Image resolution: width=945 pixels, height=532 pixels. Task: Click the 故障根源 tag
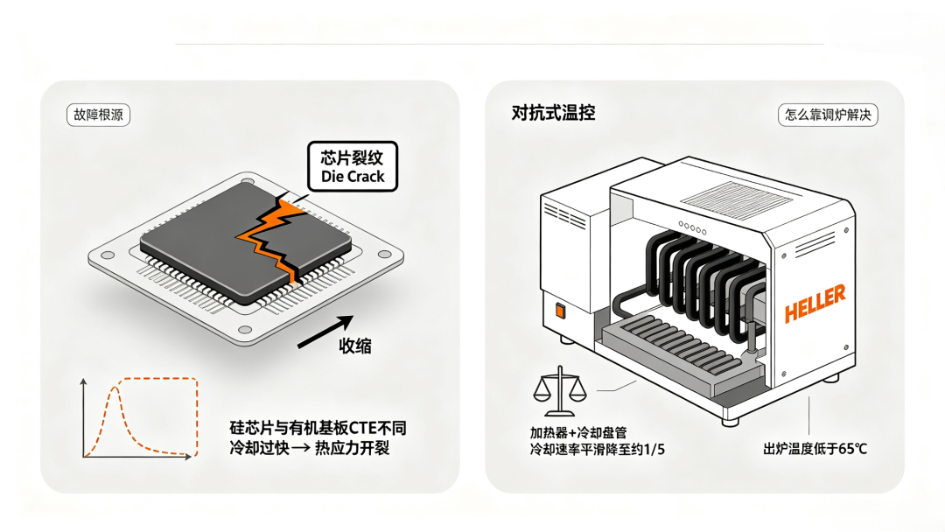pos(98,115)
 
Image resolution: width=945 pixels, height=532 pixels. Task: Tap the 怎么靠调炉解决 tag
pos(828,115)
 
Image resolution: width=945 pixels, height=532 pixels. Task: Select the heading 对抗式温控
pos(553,113)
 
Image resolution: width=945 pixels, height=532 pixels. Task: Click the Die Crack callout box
pos(353,167)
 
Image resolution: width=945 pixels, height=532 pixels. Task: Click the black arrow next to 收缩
pos(325,332)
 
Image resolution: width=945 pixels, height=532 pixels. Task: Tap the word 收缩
pos(355,346)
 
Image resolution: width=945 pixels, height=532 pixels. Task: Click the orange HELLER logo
pos(815,304)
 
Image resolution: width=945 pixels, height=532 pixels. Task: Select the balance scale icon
pos(560,391)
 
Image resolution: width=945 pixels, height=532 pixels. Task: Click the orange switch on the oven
pos(560,311)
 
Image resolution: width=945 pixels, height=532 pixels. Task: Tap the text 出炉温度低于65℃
pos(815,449)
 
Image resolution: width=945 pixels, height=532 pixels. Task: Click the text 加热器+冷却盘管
pos(578,432)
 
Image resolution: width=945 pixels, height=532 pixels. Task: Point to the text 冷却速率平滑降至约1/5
pos(598,450)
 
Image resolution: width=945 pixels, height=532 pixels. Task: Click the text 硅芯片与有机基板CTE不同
pos(318,429)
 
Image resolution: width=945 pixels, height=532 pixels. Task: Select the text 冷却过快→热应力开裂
pos(309,448)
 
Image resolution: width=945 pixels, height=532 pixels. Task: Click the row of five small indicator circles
pos(692,227)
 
